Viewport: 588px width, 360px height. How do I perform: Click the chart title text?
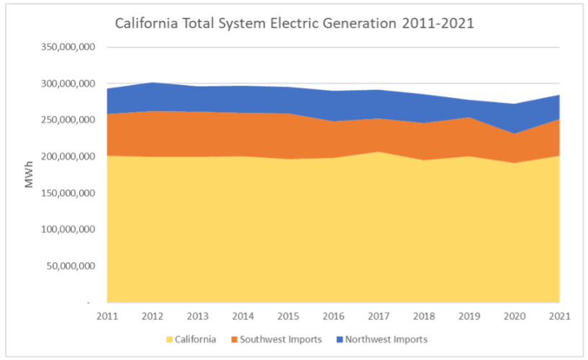[294, 23]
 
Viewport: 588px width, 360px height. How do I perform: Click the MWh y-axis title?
[29, 175]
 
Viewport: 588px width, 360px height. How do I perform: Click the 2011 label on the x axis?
[107, 316]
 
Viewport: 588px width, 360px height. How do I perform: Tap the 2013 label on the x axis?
[198, 316]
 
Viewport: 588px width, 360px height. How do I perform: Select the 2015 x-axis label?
[288, 316]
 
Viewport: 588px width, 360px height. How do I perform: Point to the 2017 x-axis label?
[379, 316]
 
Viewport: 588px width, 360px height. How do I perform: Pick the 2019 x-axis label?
[469, 316]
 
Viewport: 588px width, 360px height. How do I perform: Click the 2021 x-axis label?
[559, 316]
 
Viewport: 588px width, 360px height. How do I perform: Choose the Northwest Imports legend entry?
[386, 339]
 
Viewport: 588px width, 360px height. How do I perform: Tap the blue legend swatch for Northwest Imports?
[339, 339]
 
